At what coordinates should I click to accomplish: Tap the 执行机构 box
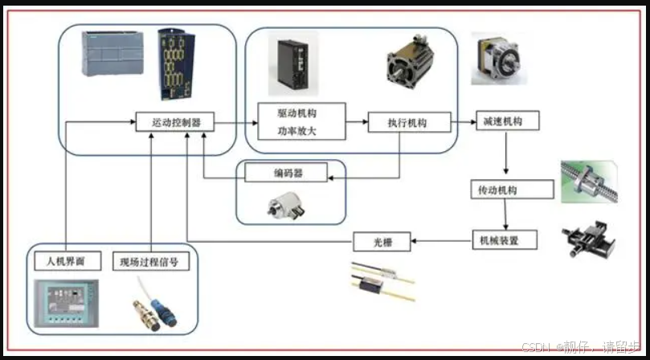[407, 123]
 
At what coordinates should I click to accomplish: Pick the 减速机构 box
[506, 121]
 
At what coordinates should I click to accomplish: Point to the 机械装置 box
[503, 239]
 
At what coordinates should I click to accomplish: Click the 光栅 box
[382, 240]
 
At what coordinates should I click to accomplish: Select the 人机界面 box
[67, 261]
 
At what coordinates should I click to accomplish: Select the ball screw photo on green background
[589, 182]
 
